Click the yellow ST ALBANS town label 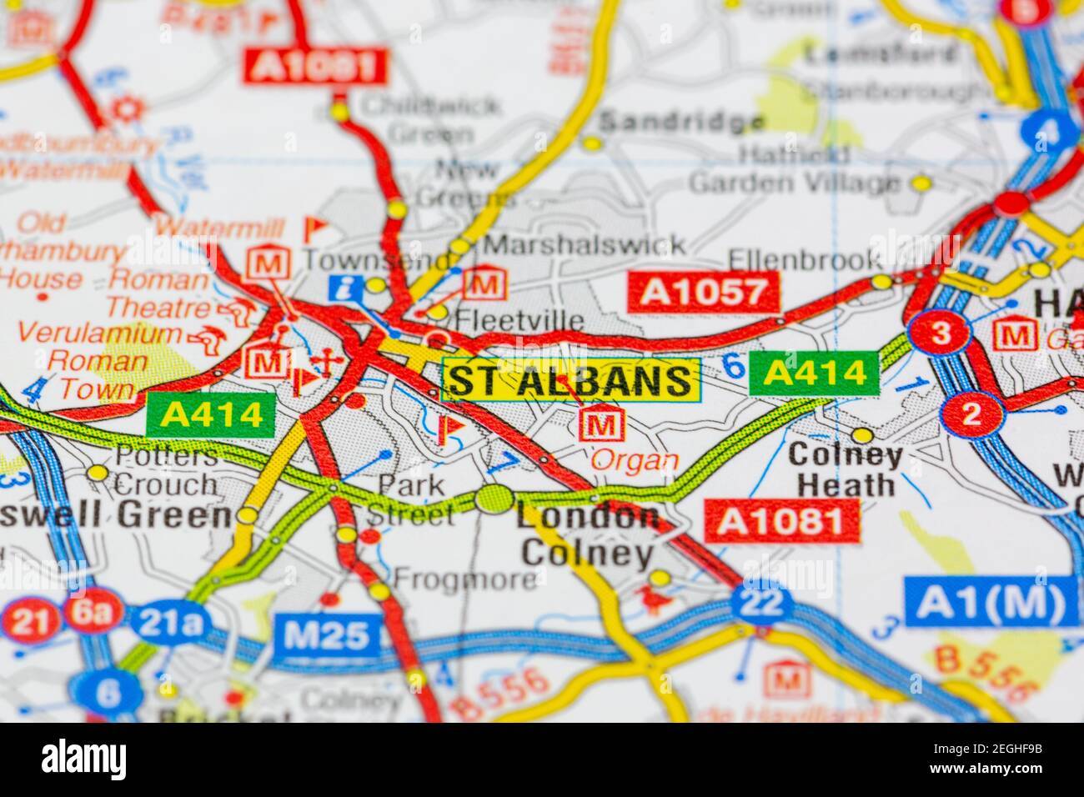571,380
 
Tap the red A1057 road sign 703,291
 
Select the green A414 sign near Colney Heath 814,373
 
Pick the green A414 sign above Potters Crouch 210,414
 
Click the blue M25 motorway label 326,635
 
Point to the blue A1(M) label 990,601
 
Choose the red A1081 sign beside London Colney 781,521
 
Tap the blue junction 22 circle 761,602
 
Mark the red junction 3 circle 939,333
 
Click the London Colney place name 587,535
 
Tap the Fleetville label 519,320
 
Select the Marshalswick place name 585,244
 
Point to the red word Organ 635,460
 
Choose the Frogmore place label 465,578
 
